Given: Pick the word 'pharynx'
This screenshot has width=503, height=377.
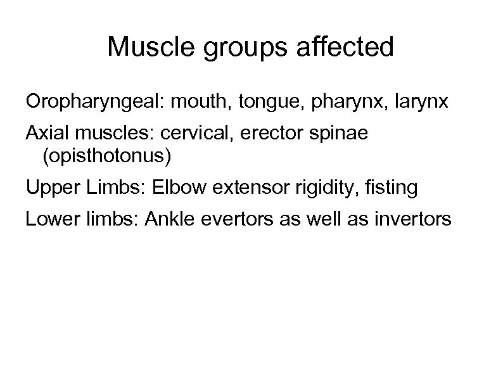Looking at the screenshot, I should pyautogui.click(x=329, y=103).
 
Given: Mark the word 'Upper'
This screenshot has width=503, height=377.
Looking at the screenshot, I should pyautogui.click(x=48, y=188).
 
